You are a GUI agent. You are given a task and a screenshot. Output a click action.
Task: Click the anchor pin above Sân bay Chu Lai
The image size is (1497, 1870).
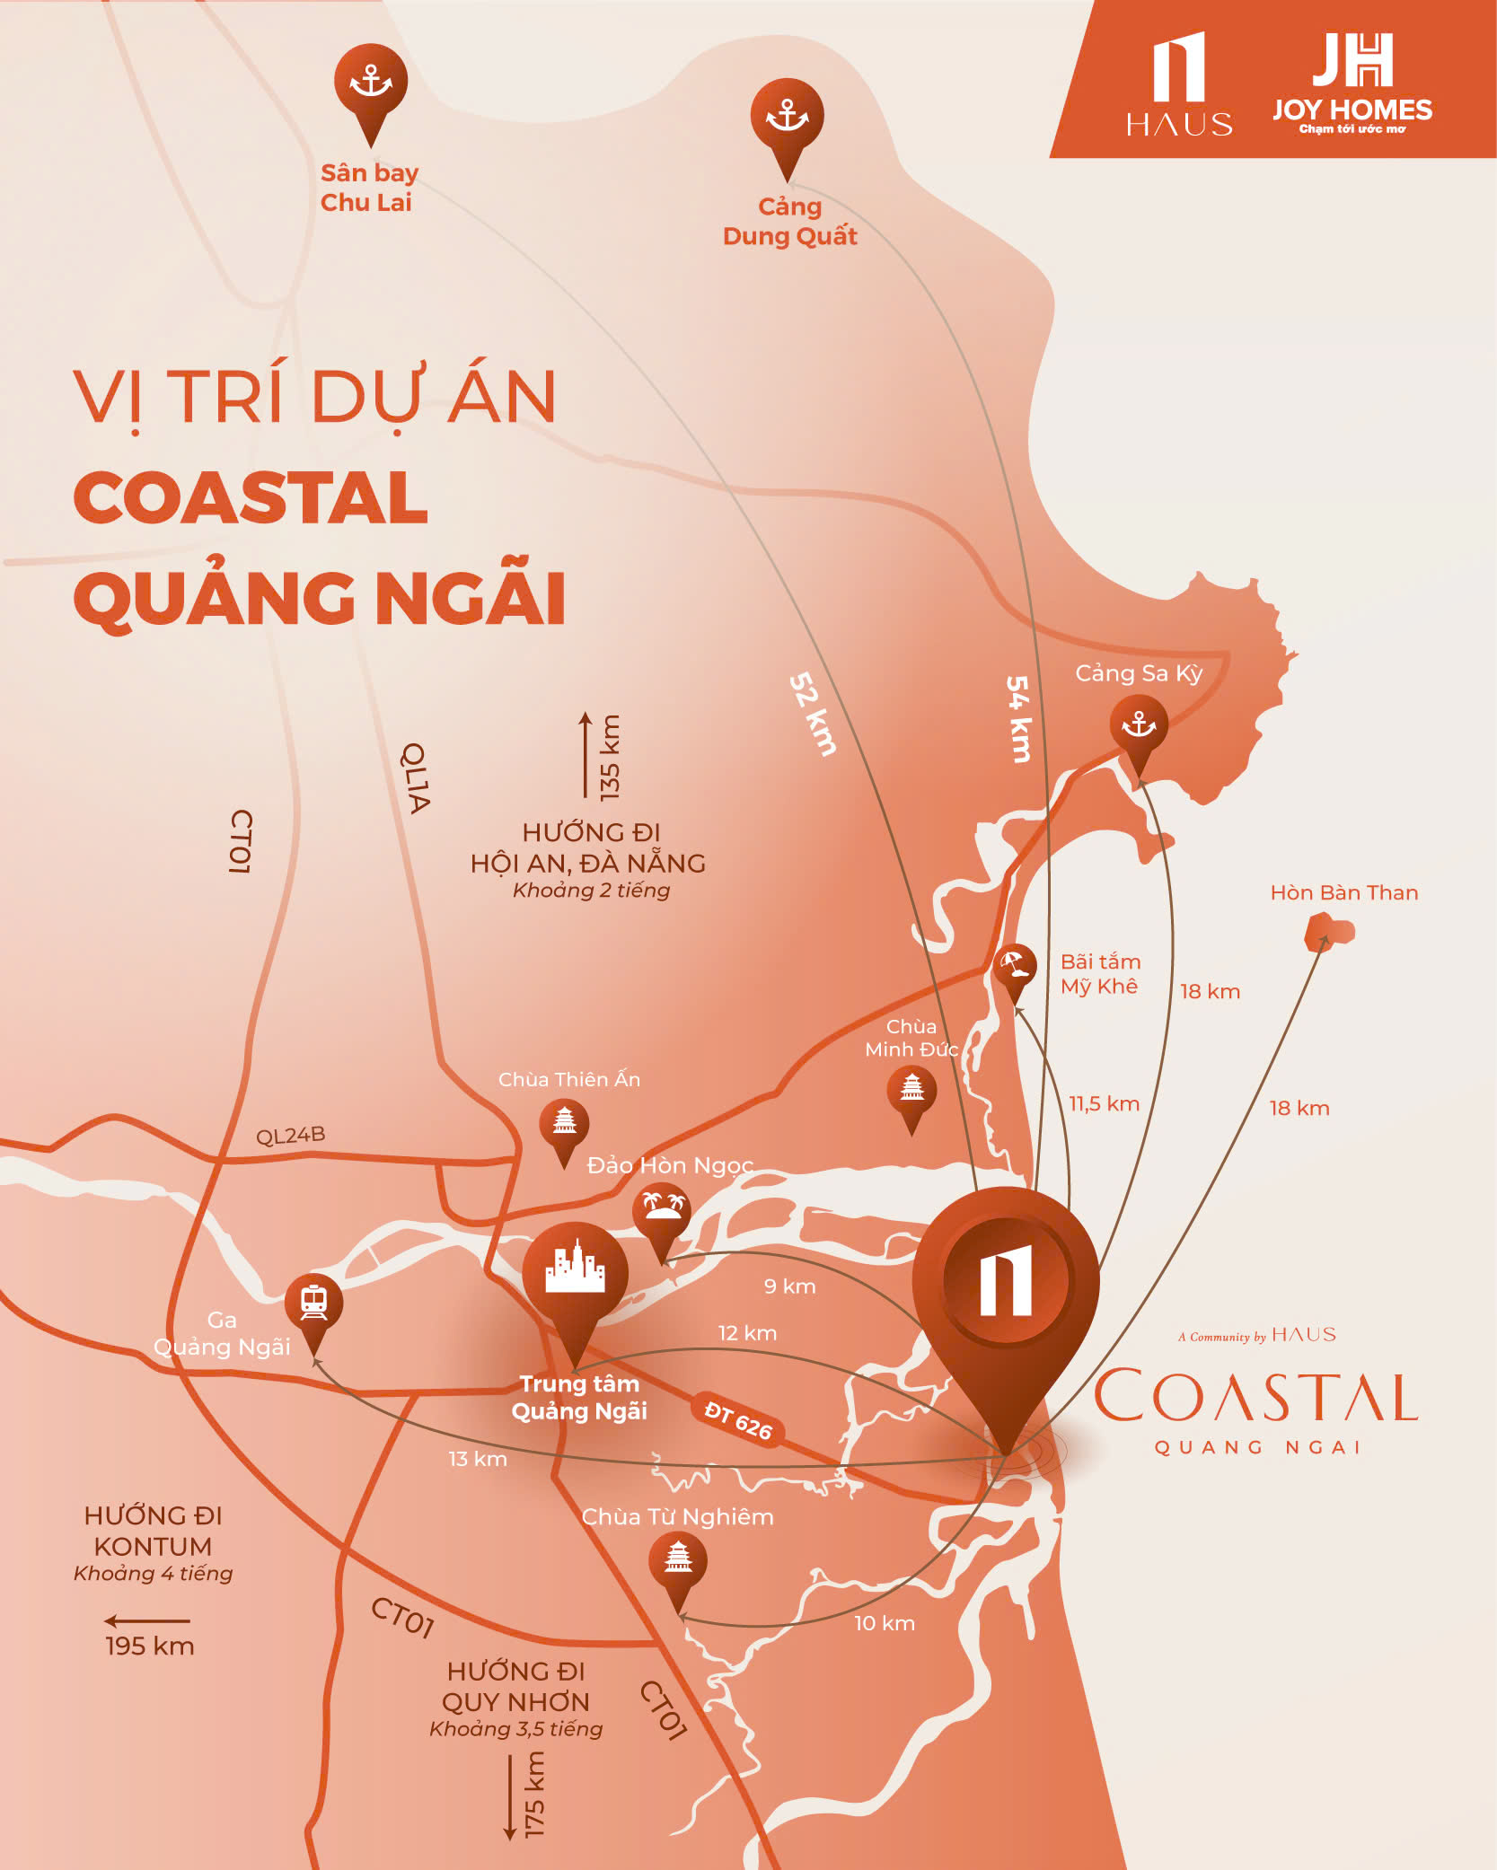pos(371,83)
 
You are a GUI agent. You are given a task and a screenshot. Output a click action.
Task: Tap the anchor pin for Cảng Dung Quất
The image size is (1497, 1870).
pos(788,117)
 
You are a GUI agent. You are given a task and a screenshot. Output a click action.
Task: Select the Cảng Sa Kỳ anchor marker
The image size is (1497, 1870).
pos(1139,725)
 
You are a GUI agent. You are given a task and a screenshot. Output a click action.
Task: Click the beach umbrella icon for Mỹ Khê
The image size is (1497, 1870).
pos(1015,966)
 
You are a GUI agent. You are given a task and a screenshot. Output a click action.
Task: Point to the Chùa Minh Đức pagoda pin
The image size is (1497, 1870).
pos(911,1089)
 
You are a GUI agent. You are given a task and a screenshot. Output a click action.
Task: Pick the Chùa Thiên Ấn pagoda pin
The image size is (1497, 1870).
pos(564,1122)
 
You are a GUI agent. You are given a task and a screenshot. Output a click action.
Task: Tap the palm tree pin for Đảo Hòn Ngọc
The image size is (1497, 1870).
pos(662,1208)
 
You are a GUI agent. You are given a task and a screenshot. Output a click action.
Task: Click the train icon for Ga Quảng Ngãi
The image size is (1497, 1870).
pos(313,1303)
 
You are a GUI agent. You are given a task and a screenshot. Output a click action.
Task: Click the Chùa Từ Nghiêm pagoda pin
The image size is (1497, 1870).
pos(678,1561)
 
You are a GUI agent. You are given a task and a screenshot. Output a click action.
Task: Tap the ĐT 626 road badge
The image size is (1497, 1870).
pos(738,1420)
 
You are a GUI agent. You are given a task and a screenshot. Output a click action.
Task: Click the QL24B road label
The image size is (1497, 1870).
pos(290,1136)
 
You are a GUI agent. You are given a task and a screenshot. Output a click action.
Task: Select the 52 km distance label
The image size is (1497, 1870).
pos(813,715)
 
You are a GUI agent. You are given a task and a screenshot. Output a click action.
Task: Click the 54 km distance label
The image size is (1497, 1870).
pos(1018,718)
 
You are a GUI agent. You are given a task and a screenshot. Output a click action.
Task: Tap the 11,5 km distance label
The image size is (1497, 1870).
pos(1104,1104)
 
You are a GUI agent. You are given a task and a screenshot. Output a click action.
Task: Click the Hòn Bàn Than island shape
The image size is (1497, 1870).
pos(1329,931)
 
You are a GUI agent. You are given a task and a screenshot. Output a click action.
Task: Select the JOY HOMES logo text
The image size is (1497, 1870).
pos(1352,110)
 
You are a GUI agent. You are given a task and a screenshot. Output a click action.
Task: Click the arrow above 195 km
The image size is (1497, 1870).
pos(147,1621)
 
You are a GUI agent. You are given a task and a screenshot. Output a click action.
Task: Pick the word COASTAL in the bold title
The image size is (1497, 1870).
pos(251,498)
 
